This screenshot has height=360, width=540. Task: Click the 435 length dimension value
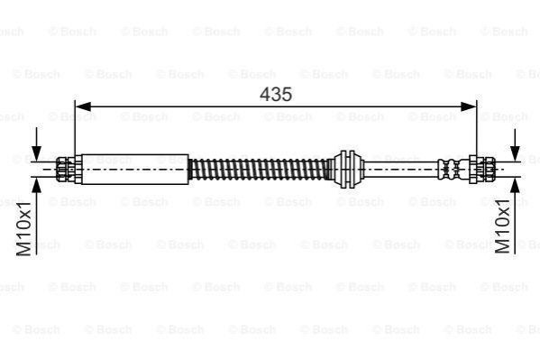276,94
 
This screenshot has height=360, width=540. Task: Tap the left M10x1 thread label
24,228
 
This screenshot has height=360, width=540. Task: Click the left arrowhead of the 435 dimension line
83,106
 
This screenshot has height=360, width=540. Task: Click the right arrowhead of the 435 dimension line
469,106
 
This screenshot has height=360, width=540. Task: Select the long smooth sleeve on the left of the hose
135,170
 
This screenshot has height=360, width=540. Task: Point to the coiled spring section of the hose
259,169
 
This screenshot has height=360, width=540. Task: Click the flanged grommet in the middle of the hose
348,170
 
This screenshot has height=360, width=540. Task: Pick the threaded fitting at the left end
65,170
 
